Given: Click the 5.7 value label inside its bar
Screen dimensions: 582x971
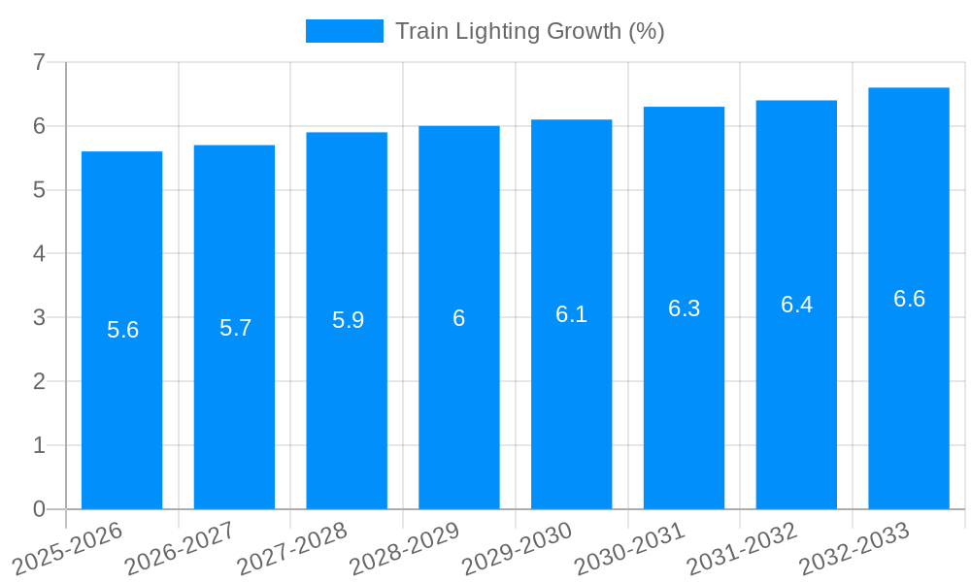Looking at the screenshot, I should point(235,328).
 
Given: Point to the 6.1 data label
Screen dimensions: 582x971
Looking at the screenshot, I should point(571,314).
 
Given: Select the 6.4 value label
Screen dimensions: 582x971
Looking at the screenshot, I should point(796,305).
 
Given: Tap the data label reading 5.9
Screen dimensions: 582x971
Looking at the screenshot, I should point(348,320).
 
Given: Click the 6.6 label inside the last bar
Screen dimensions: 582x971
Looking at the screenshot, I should point(909,299).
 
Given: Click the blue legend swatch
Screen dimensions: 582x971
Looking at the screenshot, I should point(344,31).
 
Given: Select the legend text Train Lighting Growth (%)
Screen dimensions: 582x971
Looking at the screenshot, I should point(529,31).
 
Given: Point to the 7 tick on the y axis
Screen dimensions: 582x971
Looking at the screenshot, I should point(39,62).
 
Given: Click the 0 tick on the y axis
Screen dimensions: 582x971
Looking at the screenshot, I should point(39,509).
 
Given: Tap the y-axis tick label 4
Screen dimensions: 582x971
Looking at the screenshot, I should point(39,254).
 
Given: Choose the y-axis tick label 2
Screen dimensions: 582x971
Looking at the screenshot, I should point(39,381).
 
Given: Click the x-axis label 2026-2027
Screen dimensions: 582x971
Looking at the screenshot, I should point(181,547).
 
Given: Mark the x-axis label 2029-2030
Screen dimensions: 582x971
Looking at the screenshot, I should point(518,547).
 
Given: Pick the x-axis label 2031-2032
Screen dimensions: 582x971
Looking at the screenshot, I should point(743,547).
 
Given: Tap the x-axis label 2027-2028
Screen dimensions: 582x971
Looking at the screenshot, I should point(293,547).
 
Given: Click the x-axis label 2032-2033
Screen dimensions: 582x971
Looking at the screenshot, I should point(854,547).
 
